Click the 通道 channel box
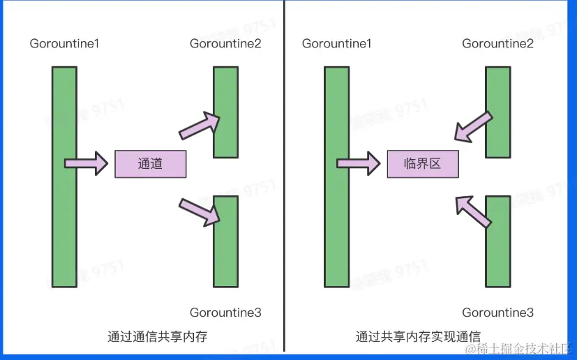[x=150, y=164]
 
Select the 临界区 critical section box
[x=423, y=164]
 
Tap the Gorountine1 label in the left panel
[x=64, y=44]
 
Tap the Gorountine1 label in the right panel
[x=336, y=44]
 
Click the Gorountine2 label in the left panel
[x=225, y=44]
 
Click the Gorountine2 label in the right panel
[x=497, y=44]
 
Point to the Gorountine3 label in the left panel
[x=225, y=313]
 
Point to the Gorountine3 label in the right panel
[x=497, y=313]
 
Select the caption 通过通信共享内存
[x=158, y=336]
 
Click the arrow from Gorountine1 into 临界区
[x=359, y=164]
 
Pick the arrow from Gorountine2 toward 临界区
[x=472, y=126]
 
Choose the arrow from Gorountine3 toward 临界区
[x=472, y=210]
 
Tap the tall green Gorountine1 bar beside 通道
[x=64, y=177]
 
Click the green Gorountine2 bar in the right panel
[x=497, y=112]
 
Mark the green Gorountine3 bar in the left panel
[x=226, y=241]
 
